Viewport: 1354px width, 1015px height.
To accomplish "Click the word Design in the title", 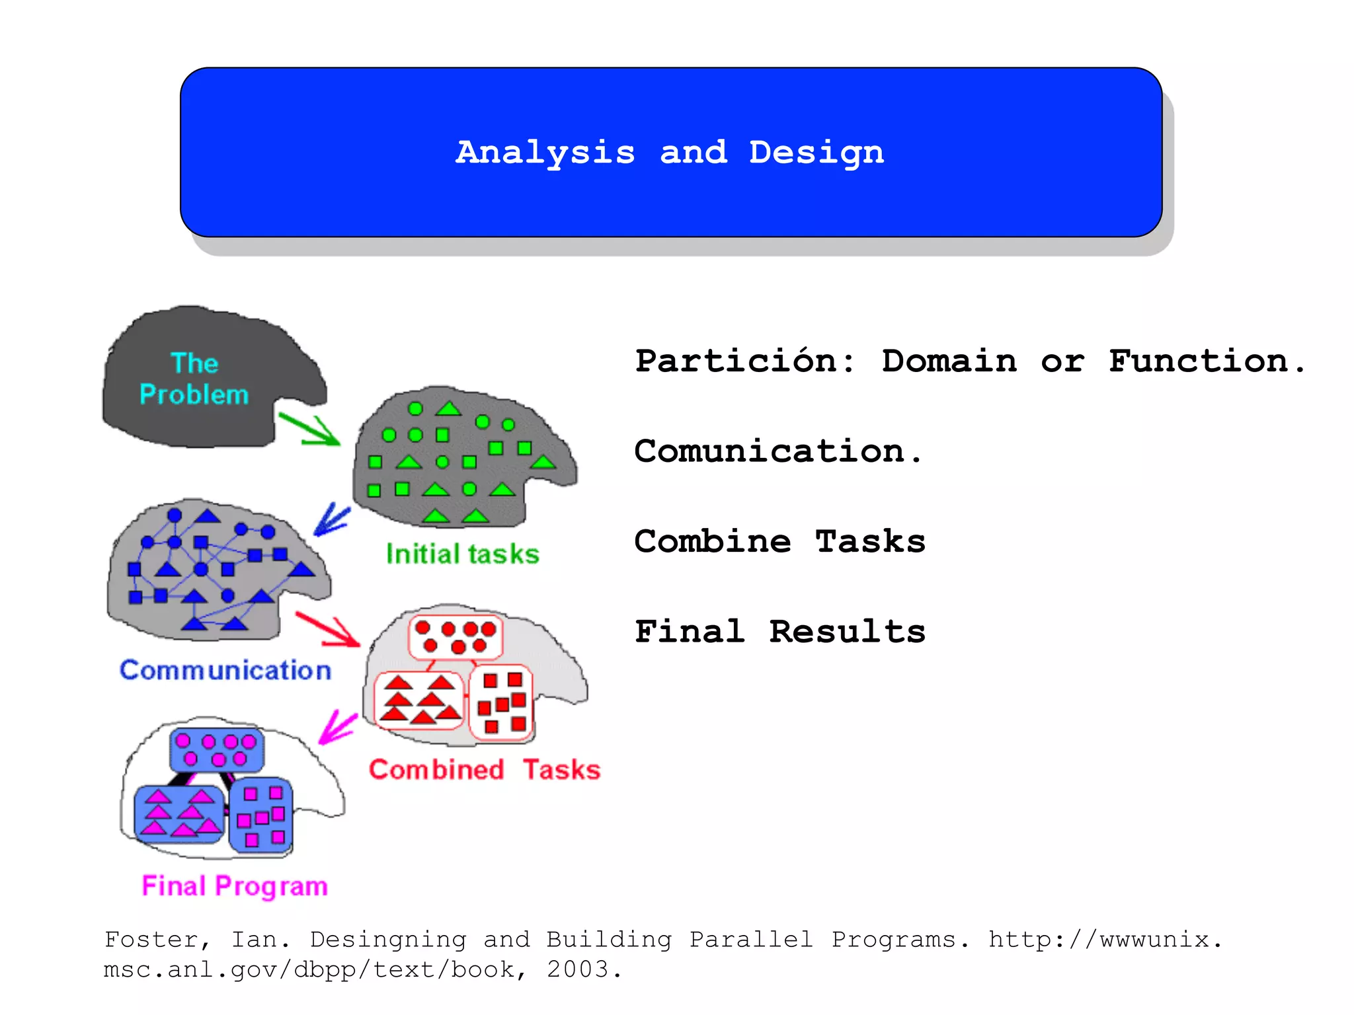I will pyautogui.click(x=816, y=153).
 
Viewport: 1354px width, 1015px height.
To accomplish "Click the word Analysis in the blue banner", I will pyautogui.click(x=545, y=153).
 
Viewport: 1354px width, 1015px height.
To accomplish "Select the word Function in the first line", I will pyautogui.click(x=1198, y=361).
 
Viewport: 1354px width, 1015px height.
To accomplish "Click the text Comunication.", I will pyautogui.click(x=777, y=451).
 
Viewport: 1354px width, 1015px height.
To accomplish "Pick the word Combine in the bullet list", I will pyautogui.click(x=712, y=541).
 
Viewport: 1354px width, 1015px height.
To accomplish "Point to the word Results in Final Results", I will pyautogui.click(x=847, y=632).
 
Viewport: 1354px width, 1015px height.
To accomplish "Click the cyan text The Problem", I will pyautogui.click(x=194, y=379).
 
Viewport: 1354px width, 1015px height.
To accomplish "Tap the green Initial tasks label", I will pyautogui.click(x=462, y=554).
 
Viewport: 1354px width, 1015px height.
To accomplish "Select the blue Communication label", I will pyautogui.click(x=225, y=670).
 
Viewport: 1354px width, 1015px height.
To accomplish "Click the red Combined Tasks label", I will pyautogui.click(x=484, y=770).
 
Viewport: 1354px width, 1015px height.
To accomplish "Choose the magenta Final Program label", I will pyautogui.click(x=235, y=886).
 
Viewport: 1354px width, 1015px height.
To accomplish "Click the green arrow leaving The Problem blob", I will pyautogui.click(x=309, y=430).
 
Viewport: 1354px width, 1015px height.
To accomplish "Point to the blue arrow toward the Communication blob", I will pyautogui.click(x=332, y=519).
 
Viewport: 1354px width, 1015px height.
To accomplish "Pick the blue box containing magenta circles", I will pyautogui.click(x=217, y=750).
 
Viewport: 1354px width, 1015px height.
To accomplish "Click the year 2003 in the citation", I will pyautogui.click(x=577, y=969).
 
